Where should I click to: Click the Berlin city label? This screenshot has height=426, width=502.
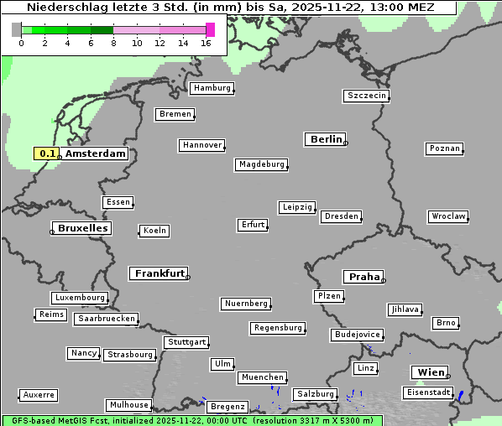[326, 139]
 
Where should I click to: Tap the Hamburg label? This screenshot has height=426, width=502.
[211, 88]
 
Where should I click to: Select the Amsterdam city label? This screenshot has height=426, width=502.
[96, 153]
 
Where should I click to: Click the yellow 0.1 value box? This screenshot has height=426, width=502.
[47, 153]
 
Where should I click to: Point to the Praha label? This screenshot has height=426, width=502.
[363, 277]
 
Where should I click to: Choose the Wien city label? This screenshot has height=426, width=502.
[430, 372]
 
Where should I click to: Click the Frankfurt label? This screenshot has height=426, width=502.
[159, 273]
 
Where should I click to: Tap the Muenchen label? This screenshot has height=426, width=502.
[262, 377]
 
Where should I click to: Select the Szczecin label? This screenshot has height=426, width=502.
[367, 96]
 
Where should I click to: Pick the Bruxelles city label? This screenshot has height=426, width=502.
[81, 228]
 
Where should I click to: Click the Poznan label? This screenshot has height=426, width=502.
[444, 148]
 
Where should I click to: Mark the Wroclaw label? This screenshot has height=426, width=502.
[447, 216]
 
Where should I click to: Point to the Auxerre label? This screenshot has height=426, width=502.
[39, 394]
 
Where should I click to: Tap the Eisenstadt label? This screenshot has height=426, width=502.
[426, 392]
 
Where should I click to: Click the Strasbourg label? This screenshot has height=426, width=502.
[130, 355]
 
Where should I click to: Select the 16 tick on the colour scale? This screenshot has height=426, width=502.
[206, 43]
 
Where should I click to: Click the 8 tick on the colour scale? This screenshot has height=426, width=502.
[113, 43]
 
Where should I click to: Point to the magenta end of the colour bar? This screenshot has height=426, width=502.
[210, 29]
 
